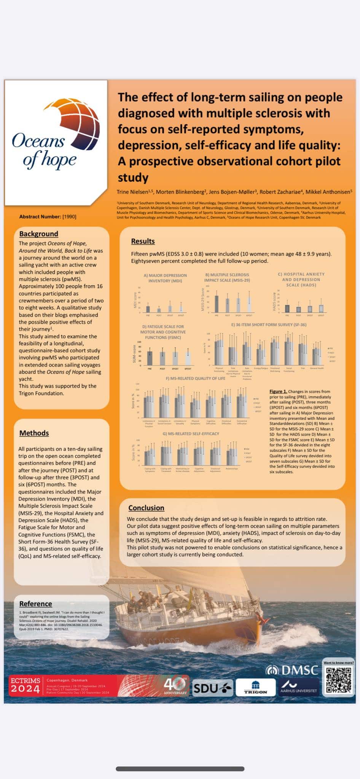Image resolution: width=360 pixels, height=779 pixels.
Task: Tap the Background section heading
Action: [39, 234]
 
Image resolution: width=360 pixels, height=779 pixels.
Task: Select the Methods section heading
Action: [34, 433]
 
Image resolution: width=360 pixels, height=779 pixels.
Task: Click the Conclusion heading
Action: [146, 508]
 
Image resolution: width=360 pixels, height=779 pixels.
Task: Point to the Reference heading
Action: [35, 604]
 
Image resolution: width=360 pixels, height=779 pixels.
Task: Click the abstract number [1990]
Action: [69, 217]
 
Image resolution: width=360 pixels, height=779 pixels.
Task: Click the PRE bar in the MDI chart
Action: [148, 309]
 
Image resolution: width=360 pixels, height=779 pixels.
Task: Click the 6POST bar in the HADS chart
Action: [321, 308]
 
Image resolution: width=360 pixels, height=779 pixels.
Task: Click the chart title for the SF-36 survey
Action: [269, 325]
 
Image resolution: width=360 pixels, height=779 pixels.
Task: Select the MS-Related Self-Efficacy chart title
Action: [191, 434]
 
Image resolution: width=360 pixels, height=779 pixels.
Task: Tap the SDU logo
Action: [212, 688]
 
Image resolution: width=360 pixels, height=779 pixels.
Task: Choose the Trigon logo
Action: [255, 688]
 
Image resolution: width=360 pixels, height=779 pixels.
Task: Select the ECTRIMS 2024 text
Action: [25, 686]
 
